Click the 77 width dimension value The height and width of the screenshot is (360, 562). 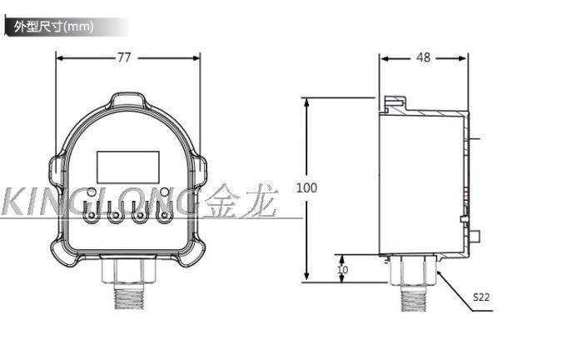pos(124,57)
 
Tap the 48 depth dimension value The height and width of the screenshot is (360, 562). pos(423,57)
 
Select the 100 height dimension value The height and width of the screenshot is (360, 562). pos(306,187)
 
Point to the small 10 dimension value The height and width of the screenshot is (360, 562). pos(343,269)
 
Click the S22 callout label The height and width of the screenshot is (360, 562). pos(481,297)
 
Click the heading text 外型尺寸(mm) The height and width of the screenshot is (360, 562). pos(54,27)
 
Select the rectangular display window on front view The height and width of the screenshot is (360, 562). pos(128,167)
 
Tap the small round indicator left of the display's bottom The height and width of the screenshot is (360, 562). pos(92,192)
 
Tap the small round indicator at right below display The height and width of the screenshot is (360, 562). pos(165,192)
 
